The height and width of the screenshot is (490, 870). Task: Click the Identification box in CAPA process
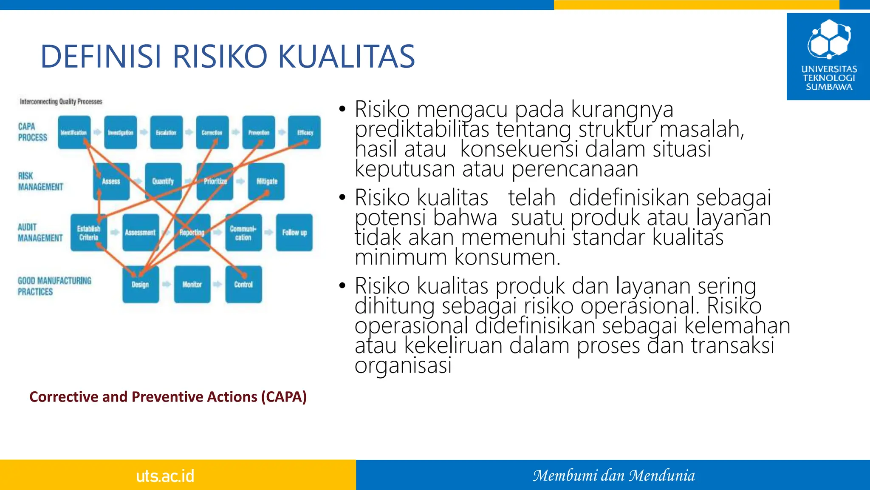click(73, 132)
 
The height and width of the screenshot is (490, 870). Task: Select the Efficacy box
click(305, 132)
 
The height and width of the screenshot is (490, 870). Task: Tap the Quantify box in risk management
click(163, 181)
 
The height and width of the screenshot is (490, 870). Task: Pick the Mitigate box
click(266, 181)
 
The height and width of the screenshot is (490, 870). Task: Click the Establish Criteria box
click(88, 233)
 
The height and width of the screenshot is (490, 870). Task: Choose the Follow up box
click(294, 233)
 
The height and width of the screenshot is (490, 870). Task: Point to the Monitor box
click(192, 284)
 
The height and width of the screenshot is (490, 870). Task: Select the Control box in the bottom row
click(243, 284)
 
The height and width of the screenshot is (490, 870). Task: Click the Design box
click(140, 284)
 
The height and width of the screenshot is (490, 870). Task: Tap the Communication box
click(243, 233)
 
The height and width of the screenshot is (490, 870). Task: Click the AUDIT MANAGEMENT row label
click(40, 233)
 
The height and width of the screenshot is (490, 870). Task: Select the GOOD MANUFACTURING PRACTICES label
click(54, 286)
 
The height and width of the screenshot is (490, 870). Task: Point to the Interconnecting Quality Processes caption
click(61, 102)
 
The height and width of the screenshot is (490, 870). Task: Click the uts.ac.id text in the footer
click(165, 476)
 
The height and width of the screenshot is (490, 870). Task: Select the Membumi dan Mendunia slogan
click(613, 476)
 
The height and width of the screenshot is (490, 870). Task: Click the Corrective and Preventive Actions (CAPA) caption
click(168, 397)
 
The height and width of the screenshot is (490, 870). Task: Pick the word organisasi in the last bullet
click(403, 365)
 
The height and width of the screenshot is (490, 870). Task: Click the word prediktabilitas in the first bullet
click(422, 129)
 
